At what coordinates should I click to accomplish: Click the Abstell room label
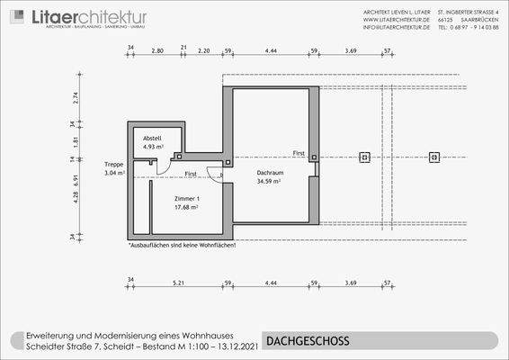(x=152, y=138)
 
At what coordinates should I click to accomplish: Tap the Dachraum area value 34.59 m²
(x=269, y=181)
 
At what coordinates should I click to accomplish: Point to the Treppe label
(x=114, y=165)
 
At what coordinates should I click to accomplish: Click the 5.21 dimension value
(x=179, y=283)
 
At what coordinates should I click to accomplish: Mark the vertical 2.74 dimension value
(x=76, y=98)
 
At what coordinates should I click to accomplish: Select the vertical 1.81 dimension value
(x=76, y=141)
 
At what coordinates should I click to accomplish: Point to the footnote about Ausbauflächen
(x=182, y=244)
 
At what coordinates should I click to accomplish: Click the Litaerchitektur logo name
(x=89, y=17)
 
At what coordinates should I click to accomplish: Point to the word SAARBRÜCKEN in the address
(x=477, y=20)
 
